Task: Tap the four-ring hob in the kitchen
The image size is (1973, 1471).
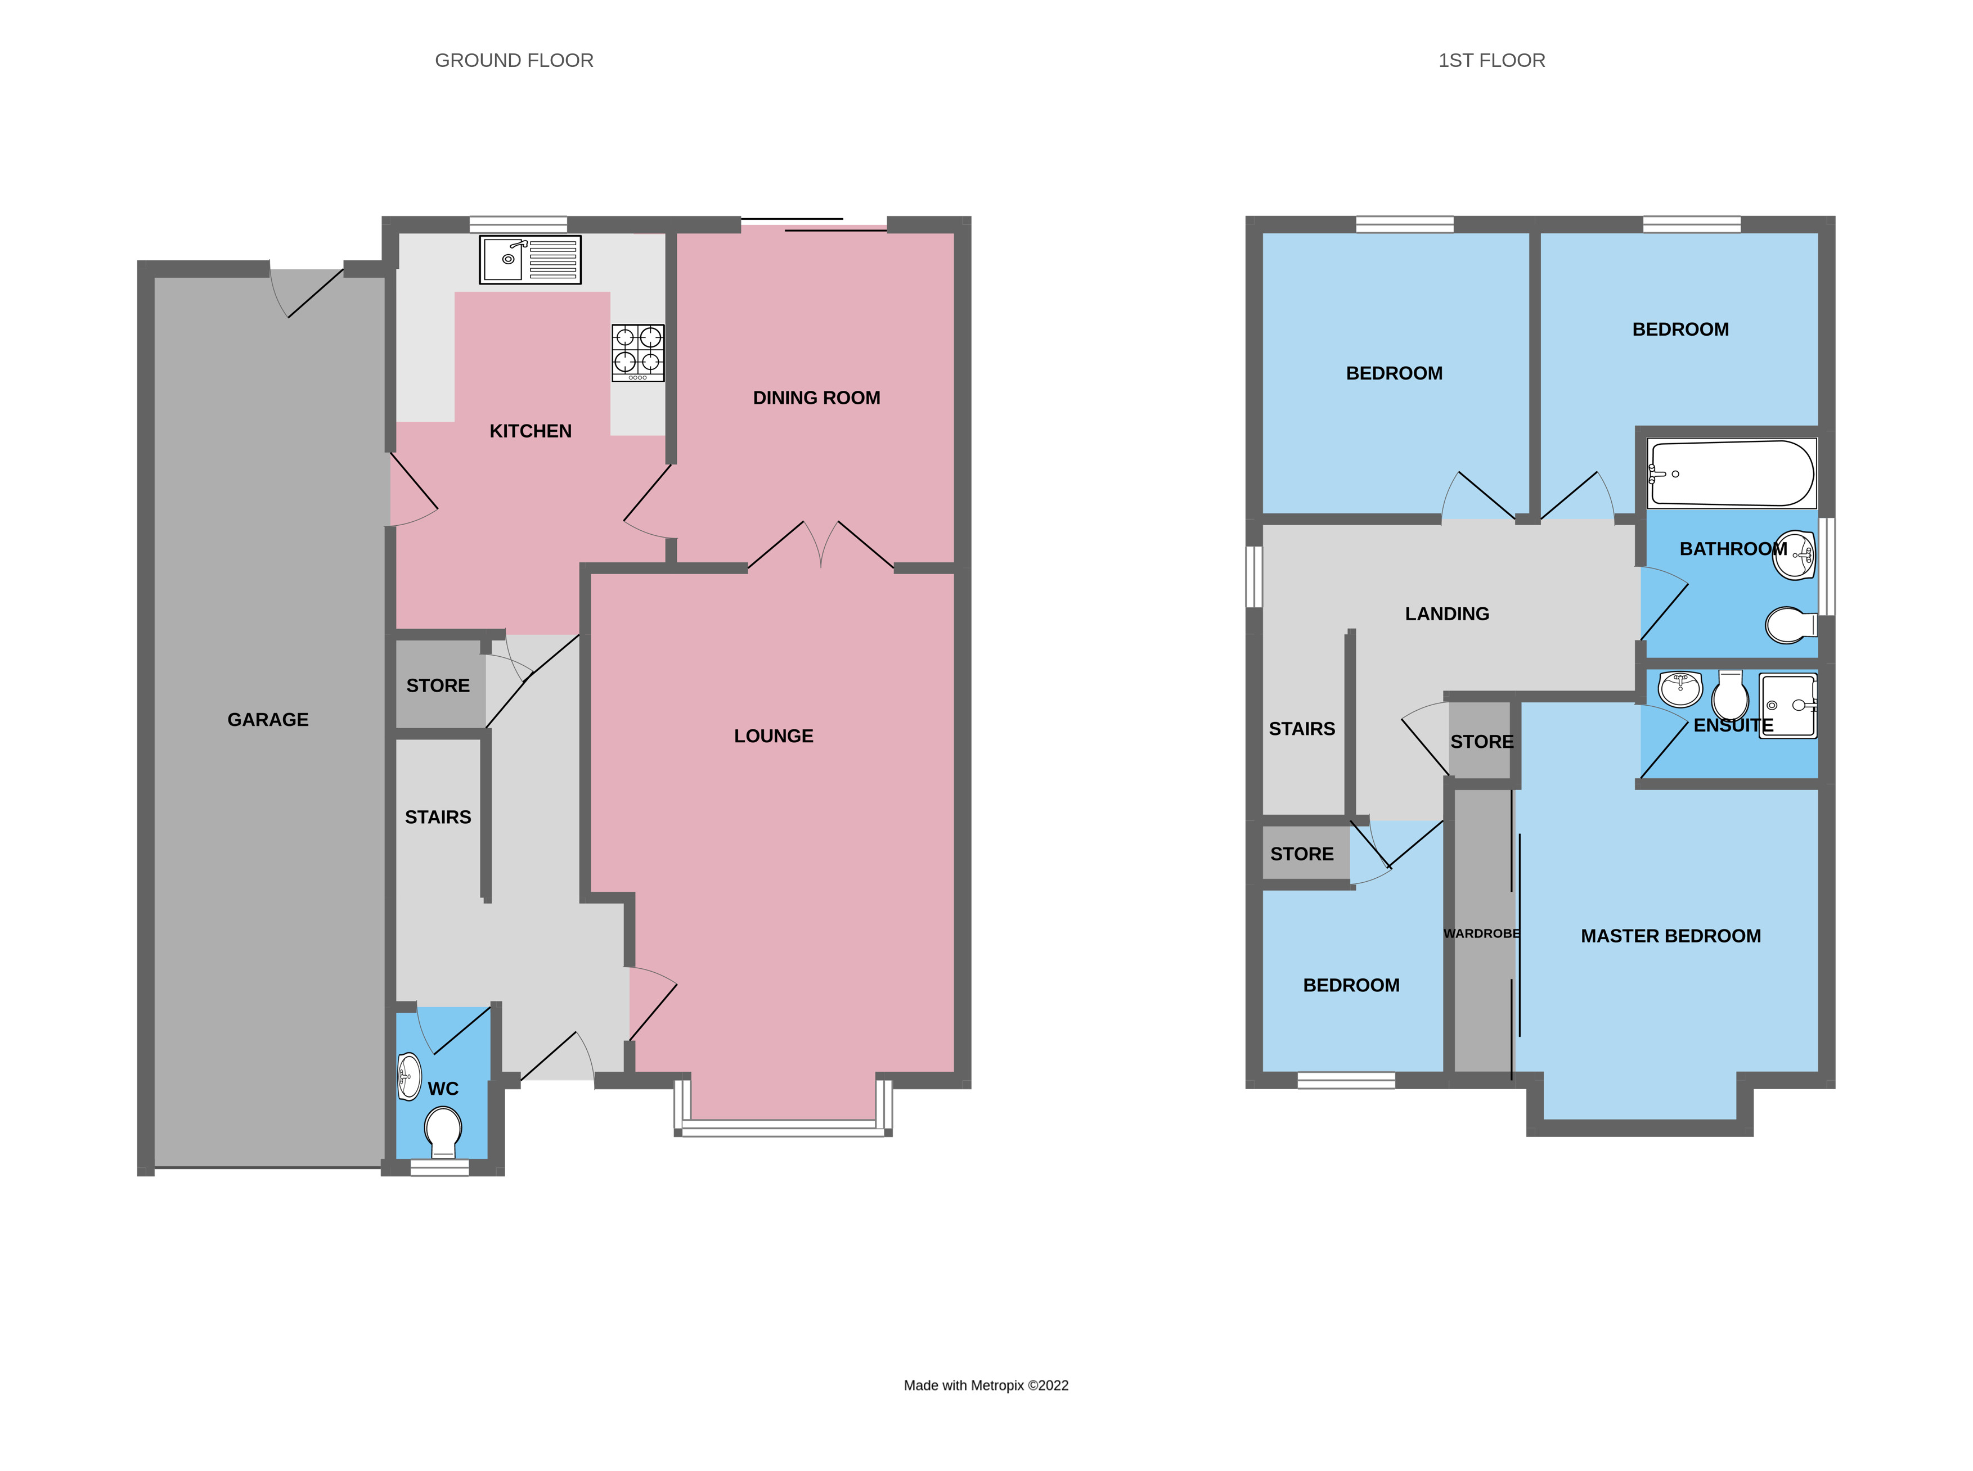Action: tap(638, 353)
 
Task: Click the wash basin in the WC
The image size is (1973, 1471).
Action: tap(409, 1076)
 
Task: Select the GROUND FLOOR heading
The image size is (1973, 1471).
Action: tap(514, 61)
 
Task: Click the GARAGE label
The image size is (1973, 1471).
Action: tap(268, 719)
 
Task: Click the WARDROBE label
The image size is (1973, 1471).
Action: tap(1481, 933)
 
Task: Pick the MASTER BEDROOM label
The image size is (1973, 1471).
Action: tap(1670, 936)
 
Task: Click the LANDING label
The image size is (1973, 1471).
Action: tap(1446, 613)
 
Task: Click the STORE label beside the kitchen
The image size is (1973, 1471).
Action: tap(437, 685)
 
